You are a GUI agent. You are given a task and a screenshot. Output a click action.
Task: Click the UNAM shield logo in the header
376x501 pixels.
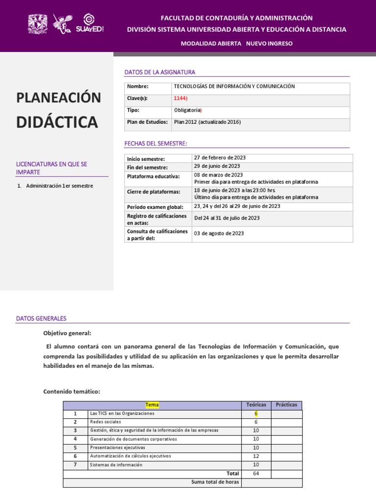point(37,23)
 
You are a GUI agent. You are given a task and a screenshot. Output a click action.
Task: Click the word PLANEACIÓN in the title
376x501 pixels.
point(59,97)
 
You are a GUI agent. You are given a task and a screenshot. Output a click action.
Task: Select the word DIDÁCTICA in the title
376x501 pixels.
point(57,122)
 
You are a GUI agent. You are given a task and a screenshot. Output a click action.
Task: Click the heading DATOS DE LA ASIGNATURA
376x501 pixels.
point(160,72)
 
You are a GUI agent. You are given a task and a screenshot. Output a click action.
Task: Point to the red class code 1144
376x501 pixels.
point(180,98)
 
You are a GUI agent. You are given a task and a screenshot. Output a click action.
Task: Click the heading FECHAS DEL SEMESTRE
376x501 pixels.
point(156,143)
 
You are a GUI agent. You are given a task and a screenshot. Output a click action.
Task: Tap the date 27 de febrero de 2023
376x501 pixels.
point(220,158)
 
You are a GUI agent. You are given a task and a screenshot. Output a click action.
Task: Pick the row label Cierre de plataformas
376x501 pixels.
point(153,192)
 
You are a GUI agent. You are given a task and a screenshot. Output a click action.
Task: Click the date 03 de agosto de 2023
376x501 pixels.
point(219,233)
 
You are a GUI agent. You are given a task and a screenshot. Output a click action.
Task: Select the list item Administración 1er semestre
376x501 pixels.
point(59,186)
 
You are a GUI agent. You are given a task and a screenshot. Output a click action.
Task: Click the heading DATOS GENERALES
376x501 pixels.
point(41,319)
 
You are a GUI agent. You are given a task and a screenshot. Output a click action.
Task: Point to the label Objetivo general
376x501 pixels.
point(67,333)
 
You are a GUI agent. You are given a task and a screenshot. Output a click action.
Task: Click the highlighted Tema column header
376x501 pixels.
point(152,405)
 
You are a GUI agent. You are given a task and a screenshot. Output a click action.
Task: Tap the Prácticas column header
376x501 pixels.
point(286,405)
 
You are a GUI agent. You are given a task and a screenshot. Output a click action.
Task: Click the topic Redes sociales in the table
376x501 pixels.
point(106,422)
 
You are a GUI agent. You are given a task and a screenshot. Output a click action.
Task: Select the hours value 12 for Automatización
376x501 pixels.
point(256,456)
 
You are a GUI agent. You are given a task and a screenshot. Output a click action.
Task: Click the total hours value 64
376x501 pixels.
point(256,474)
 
